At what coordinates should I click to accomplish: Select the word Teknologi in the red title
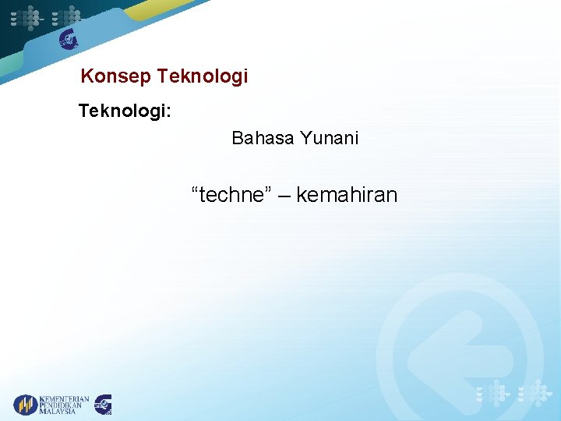point(202,76)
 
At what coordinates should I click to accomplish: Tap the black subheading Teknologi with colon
point(125,111)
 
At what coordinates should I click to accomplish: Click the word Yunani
point(329,139)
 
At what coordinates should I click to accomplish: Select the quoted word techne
point(229,195)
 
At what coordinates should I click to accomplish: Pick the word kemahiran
point(347,195)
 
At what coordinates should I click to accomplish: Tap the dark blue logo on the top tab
point(69,39)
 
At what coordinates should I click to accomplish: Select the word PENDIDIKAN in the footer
point(64,405)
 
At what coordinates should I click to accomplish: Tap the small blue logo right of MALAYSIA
point(103,405)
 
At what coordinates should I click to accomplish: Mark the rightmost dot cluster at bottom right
point(537,393)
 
